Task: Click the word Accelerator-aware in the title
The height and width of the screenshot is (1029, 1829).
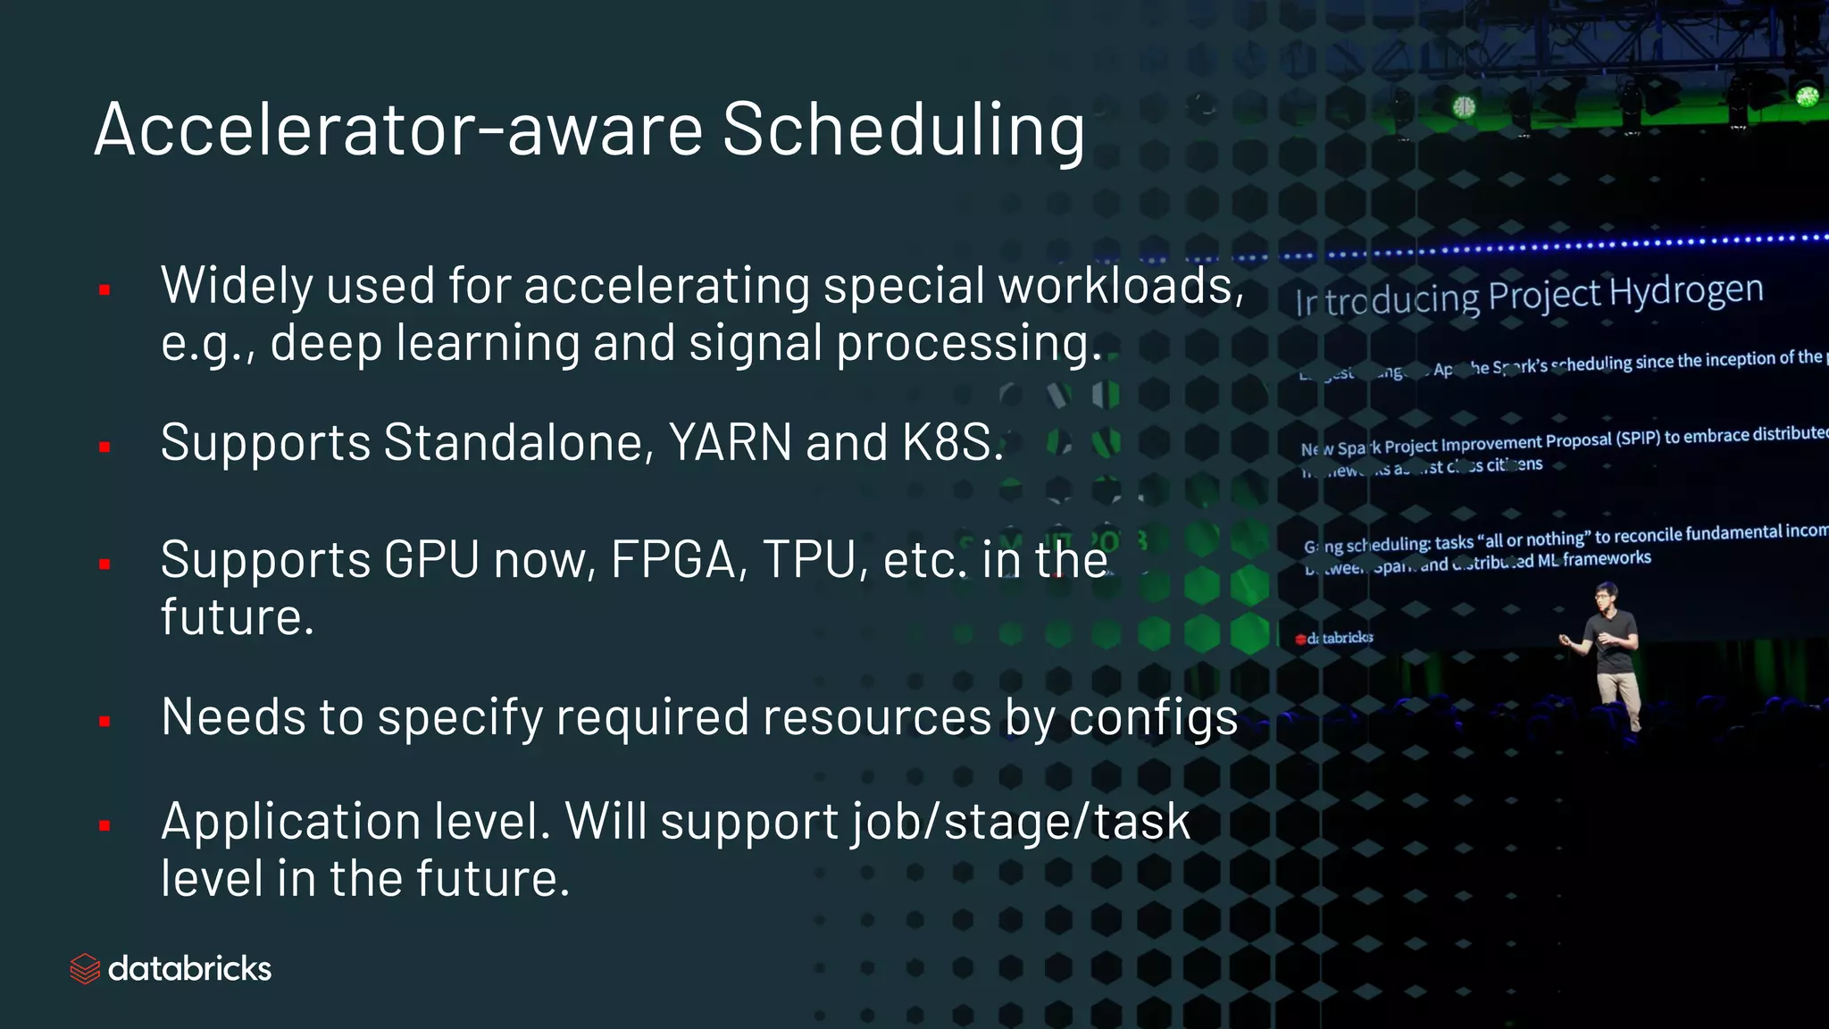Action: [x=399, y=130]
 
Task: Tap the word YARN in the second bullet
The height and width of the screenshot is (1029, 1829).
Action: [x=730, y=442]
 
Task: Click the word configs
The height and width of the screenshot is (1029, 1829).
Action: [x=1153, y=718]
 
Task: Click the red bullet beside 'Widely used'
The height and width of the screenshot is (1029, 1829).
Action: [x=104, y=289]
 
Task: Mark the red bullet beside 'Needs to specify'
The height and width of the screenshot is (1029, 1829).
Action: [x=104, y=721]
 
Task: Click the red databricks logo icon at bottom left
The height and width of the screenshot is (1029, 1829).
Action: [x=85, y=968]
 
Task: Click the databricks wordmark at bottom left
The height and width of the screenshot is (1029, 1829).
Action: [x=189, y=969]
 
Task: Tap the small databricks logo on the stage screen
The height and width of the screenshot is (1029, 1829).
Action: [x=1334, y=638]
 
